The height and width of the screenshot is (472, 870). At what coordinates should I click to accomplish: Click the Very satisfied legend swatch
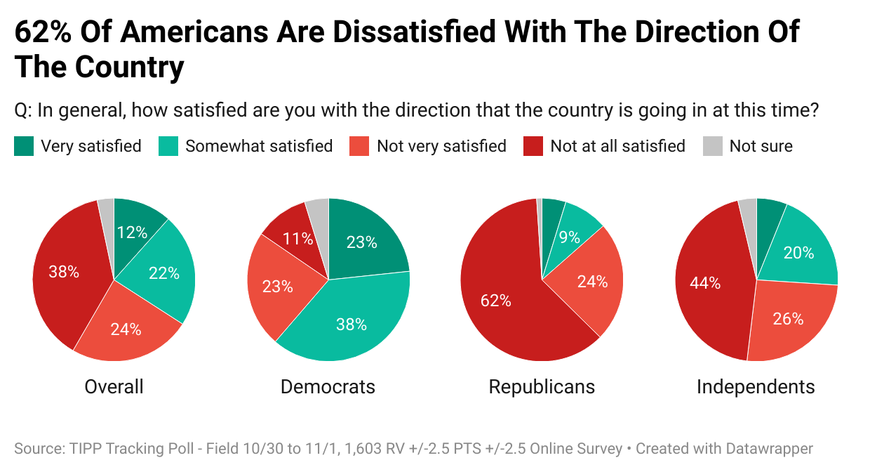click(23, 146)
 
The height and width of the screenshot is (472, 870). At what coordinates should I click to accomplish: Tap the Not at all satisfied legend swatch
click(533, 146)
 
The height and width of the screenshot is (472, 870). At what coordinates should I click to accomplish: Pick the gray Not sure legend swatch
click(712, 146)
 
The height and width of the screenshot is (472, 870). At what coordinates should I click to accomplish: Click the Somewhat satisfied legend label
click(259, 146)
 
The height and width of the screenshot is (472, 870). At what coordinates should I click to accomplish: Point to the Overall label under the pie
click(114, 386)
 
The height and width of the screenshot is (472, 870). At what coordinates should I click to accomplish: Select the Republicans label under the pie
click(542, 386)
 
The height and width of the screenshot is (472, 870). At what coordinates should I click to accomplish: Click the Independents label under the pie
click(756, 386)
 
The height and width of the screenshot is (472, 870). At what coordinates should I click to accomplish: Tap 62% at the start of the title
click(41, 32)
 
